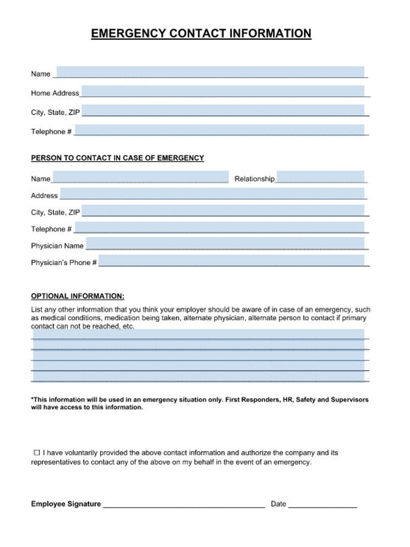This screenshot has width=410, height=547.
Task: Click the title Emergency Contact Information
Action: coord(201,34)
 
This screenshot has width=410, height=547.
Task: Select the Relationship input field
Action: coord(320,177)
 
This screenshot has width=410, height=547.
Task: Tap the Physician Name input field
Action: coord(225,244)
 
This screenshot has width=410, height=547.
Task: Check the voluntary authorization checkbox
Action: coord(37,452)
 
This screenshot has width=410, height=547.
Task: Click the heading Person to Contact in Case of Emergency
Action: coord(117,158)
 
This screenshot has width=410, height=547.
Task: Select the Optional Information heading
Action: coord(77,296)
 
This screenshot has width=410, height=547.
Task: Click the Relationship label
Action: coord(254,179)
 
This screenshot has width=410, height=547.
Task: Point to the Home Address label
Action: coord(55,93)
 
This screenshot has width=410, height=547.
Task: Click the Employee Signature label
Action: coord(66,504)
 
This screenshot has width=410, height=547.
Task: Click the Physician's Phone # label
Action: coord(64,263)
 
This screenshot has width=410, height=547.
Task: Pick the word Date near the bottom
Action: coord(278,504)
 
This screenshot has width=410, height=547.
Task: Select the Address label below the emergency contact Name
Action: coord(44,196)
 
